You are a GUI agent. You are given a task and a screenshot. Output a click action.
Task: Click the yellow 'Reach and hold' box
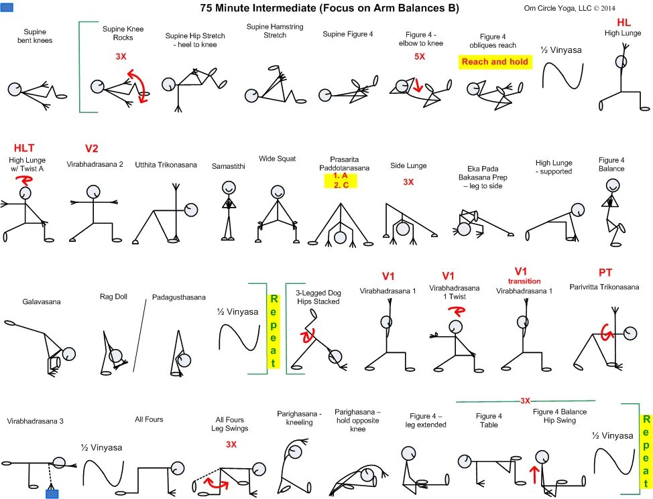tap(495, 62)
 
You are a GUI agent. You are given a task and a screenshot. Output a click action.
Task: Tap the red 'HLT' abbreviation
tap(25, 147)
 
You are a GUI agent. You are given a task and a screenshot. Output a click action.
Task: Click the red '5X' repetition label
tap(420, 57)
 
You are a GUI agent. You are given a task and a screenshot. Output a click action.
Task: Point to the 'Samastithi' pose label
tap(228, 165)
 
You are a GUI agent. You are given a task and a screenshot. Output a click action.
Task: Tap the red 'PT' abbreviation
tap(605, 273)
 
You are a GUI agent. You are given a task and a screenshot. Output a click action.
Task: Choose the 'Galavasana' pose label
tap(42, 301)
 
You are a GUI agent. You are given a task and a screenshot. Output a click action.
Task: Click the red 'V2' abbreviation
tap(92, 148)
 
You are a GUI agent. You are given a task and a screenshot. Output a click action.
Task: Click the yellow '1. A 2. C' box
tap(340, 180)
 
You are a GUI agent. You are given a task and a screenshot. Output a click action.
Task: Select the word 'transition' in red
tap(524, 281)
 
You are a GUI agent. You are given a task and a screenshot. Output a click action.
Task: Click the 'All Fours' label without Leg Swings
tap(149, 419)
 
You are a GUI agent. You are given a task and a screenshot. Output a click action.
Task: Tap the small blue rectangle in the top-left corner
tap(8, 8)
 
